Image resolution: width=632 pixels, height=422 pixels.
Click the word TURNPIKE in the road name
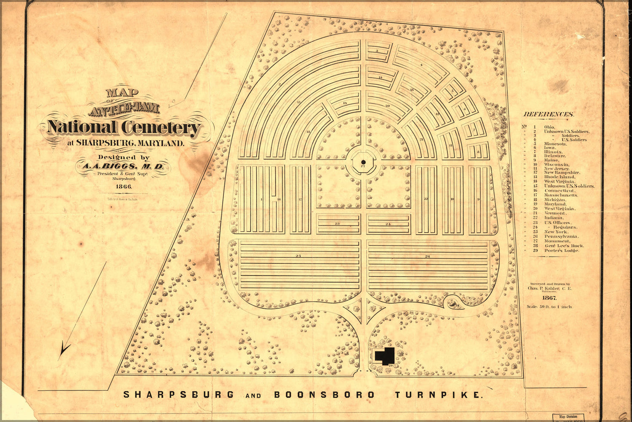[x=438, y=395]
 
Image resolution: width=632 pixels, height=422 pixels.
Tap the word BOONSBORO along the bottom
[x=324, y=395]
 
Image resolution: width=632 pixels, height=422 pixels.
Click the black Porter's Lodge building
[x=385, y=355]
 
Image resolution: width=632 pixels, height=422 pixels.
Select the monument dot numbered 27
[x=363, y=162]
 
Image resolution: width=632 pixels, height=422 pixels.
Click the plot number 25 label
[x=298, y=256]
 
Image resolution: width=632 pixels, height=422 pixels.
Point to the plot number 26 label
[x=428, y=256]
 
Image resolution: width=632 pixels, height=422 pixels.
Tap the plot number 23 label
[x=337, y=223]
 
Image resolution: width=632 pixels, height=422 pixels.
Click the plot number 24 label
[x=388, y=223]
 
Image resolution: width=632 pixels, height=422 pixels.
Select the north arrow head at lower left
[x=65, y=349]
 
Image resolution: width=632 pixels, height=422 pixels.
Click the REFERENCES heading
[x=548, y=114]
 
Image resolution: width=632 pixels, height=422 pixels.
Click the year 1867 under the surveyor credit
[x=550, y=298]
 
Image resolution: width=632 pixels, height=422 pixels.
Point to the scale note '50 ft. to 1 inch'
[x=549, y=307]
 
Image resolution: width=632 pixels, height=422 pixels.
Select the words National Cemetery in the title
[x=124, y=127]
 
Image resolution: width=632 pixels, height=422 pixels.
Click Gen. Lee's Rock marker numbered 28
[x=457, y=305]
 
